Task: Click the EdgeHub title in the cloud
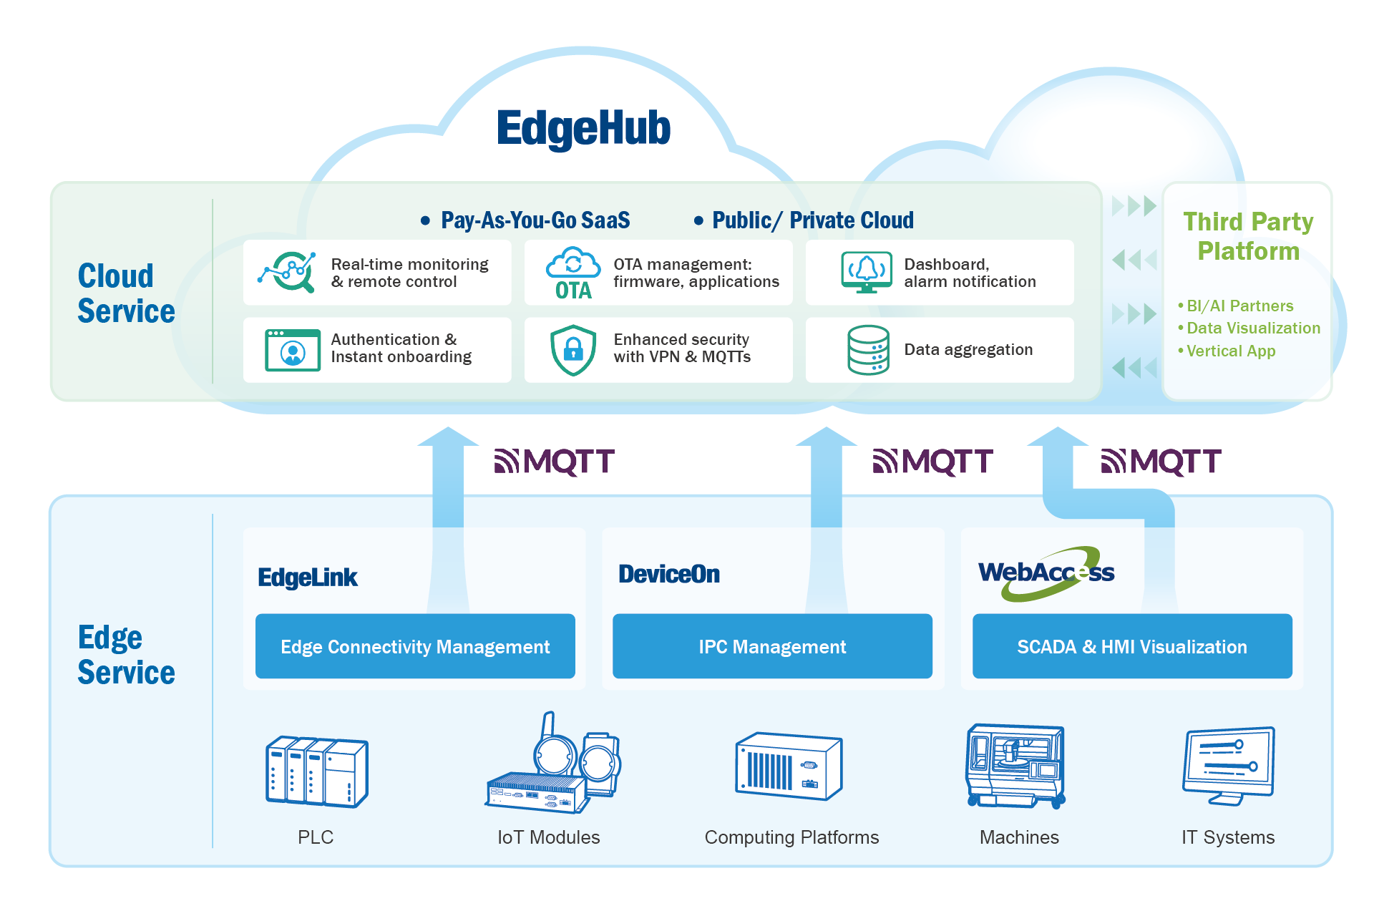click(583, 129)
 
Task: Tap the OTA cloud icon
click(573, 273)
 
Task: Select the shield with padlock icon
click(573, 350)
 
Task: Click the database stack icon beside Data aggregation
click(868, 350)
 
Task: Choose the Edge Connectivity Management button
click(415, 646)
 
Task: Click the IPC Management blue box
click(772, 646)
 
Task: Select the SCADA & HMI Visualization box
click(1132, 646)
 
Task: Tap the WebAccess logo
click(1046, 573)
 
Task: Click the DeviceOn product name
click(669, 574)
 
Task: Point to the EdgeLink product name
click(308, 578)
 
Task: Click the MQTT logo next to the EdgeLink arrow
click(555, 462)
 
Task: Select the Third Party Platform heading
click(1248, 236)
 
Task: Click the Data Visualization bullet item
click(1253, 328)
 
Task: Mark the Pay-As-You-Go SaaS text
click(535, 220)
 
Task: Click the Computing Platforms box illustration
click(789, 766)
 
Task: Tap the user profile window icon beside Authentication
click(292, 350)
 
